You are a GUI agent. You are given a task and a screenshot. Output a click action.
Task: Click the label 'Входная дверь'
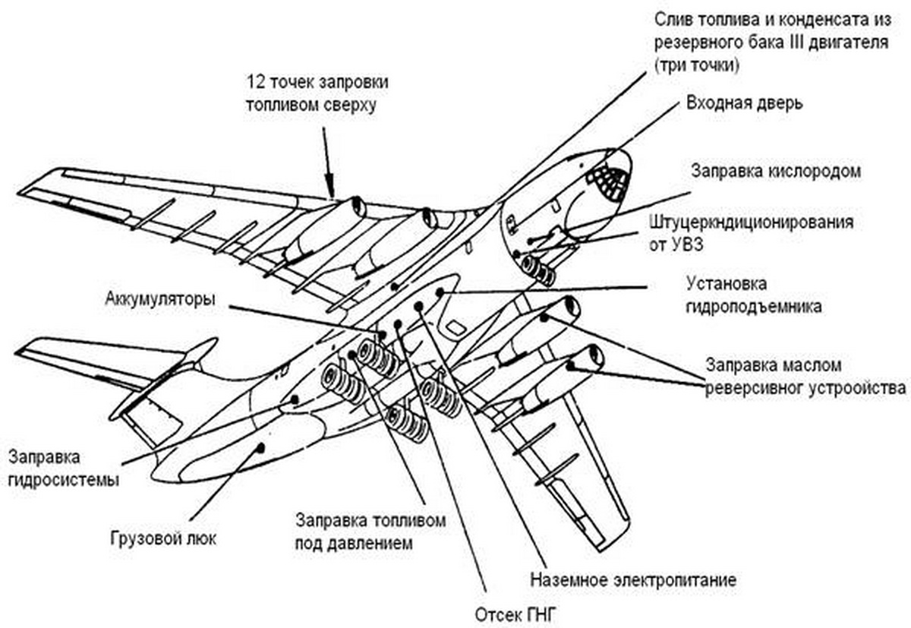pos(743,103)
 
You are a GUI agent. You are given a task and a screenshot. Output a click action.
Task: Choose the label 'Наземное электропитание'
pos(632,581)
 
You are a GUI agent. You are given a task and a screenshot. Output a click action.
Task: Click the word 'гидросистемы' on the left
pos(63,480)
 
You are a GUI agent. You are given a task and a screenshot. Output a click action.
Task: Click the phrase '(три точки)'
pos(692,65)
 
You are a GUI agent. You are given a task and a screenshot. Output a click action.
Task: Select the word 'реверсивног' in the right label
pos(751,388)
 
